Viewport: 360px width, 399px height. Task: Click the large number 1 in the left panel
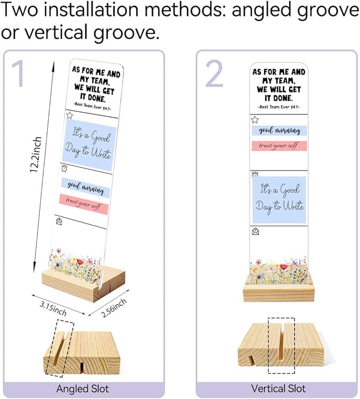19,74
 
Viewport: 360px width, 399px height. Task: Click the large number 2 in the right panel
214,74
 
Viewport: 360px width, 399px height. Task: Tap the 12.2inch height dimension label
36,154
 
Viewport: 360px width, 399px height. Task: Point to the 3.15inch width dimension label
53,308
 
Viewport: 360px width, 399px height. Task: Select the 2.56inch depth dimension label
113,308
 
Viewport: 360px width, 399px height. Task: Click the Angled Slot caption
83,389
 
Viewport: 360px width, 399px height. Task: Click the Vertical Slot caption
278,388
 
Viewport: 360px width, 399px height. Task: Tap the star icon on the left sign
69,116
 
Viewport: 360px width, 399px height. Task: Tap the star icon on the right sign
255,119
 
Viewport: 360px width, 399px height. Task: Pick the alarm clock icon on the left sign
64,168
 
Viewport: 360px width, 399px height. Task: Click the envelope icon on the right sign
256,232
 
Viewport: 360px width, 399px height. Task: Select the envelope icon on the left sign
59,221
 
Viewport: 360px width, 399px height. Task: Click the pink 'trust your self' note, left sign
84,204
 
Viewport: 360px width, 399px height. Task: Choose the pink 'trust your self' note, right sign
279,146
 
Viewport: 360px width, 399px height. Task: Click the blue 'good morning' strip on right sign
279,130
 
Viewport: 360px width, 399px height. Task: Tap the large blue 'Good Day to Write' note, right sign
279,200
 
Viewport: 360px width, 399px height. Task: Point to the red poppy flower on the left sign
80,262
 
